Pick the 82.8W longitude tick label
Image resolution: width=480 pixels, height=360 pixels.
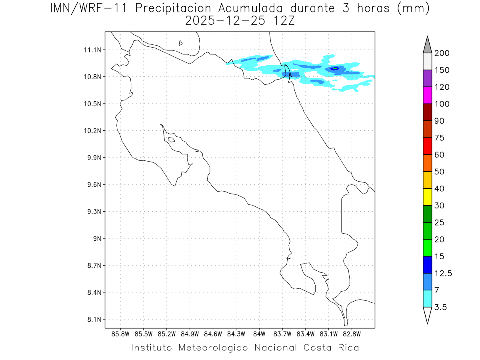(x=352, y=334)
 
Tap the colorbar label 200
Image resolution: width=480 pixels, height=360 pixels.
(x=442, y=53)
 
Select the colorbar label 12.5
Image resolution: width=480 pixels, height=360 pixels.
(x=443, y=273)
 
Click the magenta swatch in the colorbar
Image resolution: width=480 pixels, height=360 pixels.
(x=427, y=95)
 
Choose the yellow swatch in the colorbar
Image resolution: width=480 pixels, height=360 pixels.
(x=427, y=197)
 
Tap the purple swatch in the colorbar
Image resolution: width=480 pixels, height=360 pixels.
(x=427, y=78)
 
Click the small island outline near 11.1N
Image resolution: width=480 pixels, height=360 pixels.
(x=181, y=43)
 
